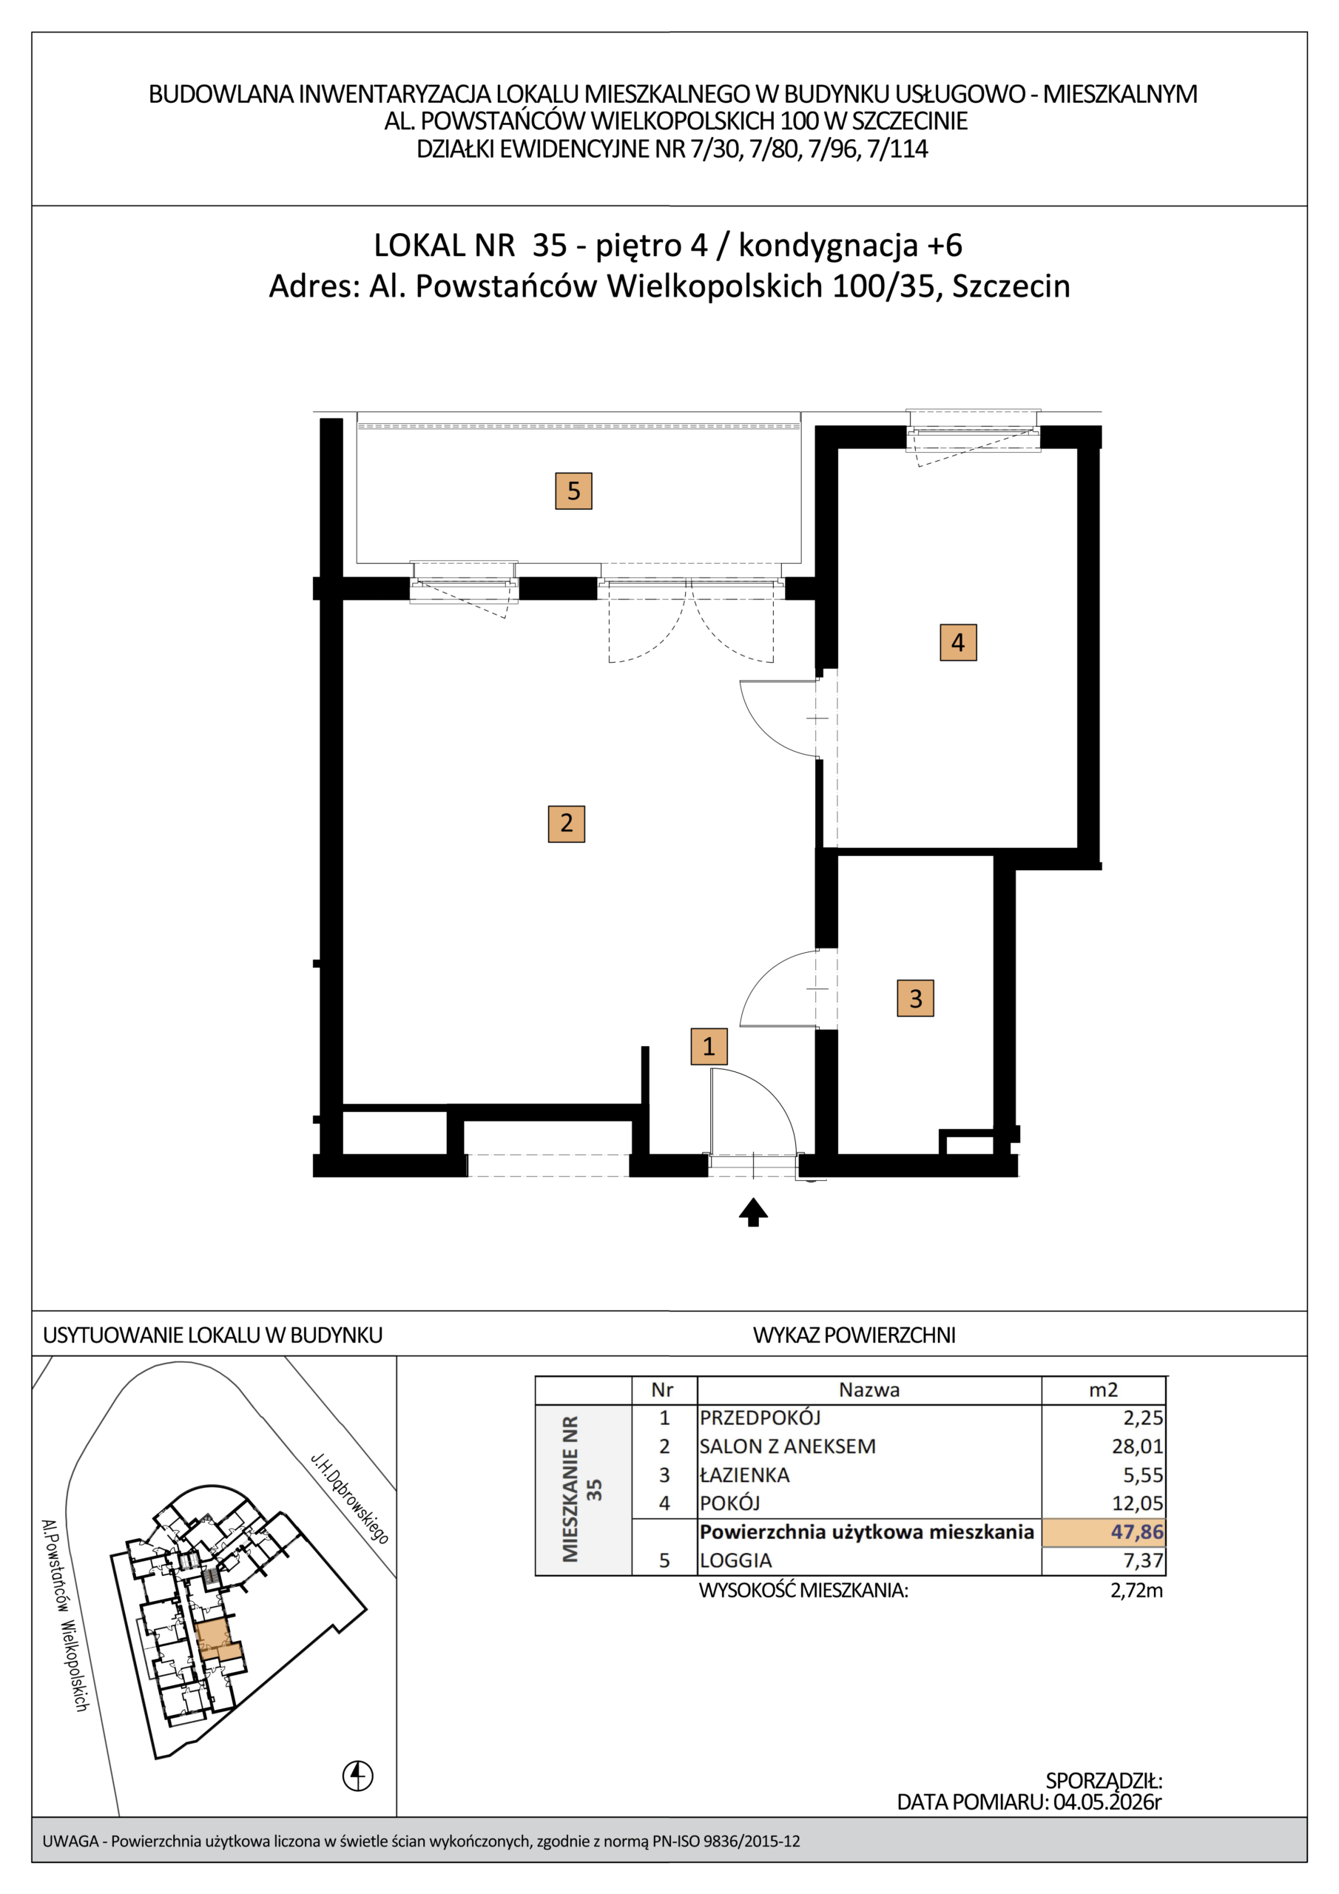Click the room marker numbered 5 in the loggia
[x=573, y=491]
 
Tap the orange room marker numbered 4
[x=958, y=643]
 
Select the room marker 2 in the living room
[x=566, y=823]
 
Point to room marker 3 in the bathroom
[x=915, y=998]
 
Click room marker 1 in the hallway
[x=709, y=1047]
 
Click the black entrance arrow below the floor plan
[x=753, y=1213]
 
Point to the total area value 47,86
[x=1137, y=1532]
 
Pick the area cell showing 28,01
[x=1138, y=1446]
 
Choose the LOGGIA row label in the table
[x=736, y=1561]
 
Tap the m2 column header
[x=1103, y=1390]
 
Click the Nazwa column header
[x=869, y=1390]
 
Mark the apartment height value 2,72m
[x=1137, y=1591]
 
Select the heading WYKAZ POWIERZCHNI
[x=854, y=1335]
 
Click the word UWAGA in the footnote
[x=70, y=1841]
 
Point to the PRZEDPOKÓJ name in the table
[x=760, y=1418]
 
